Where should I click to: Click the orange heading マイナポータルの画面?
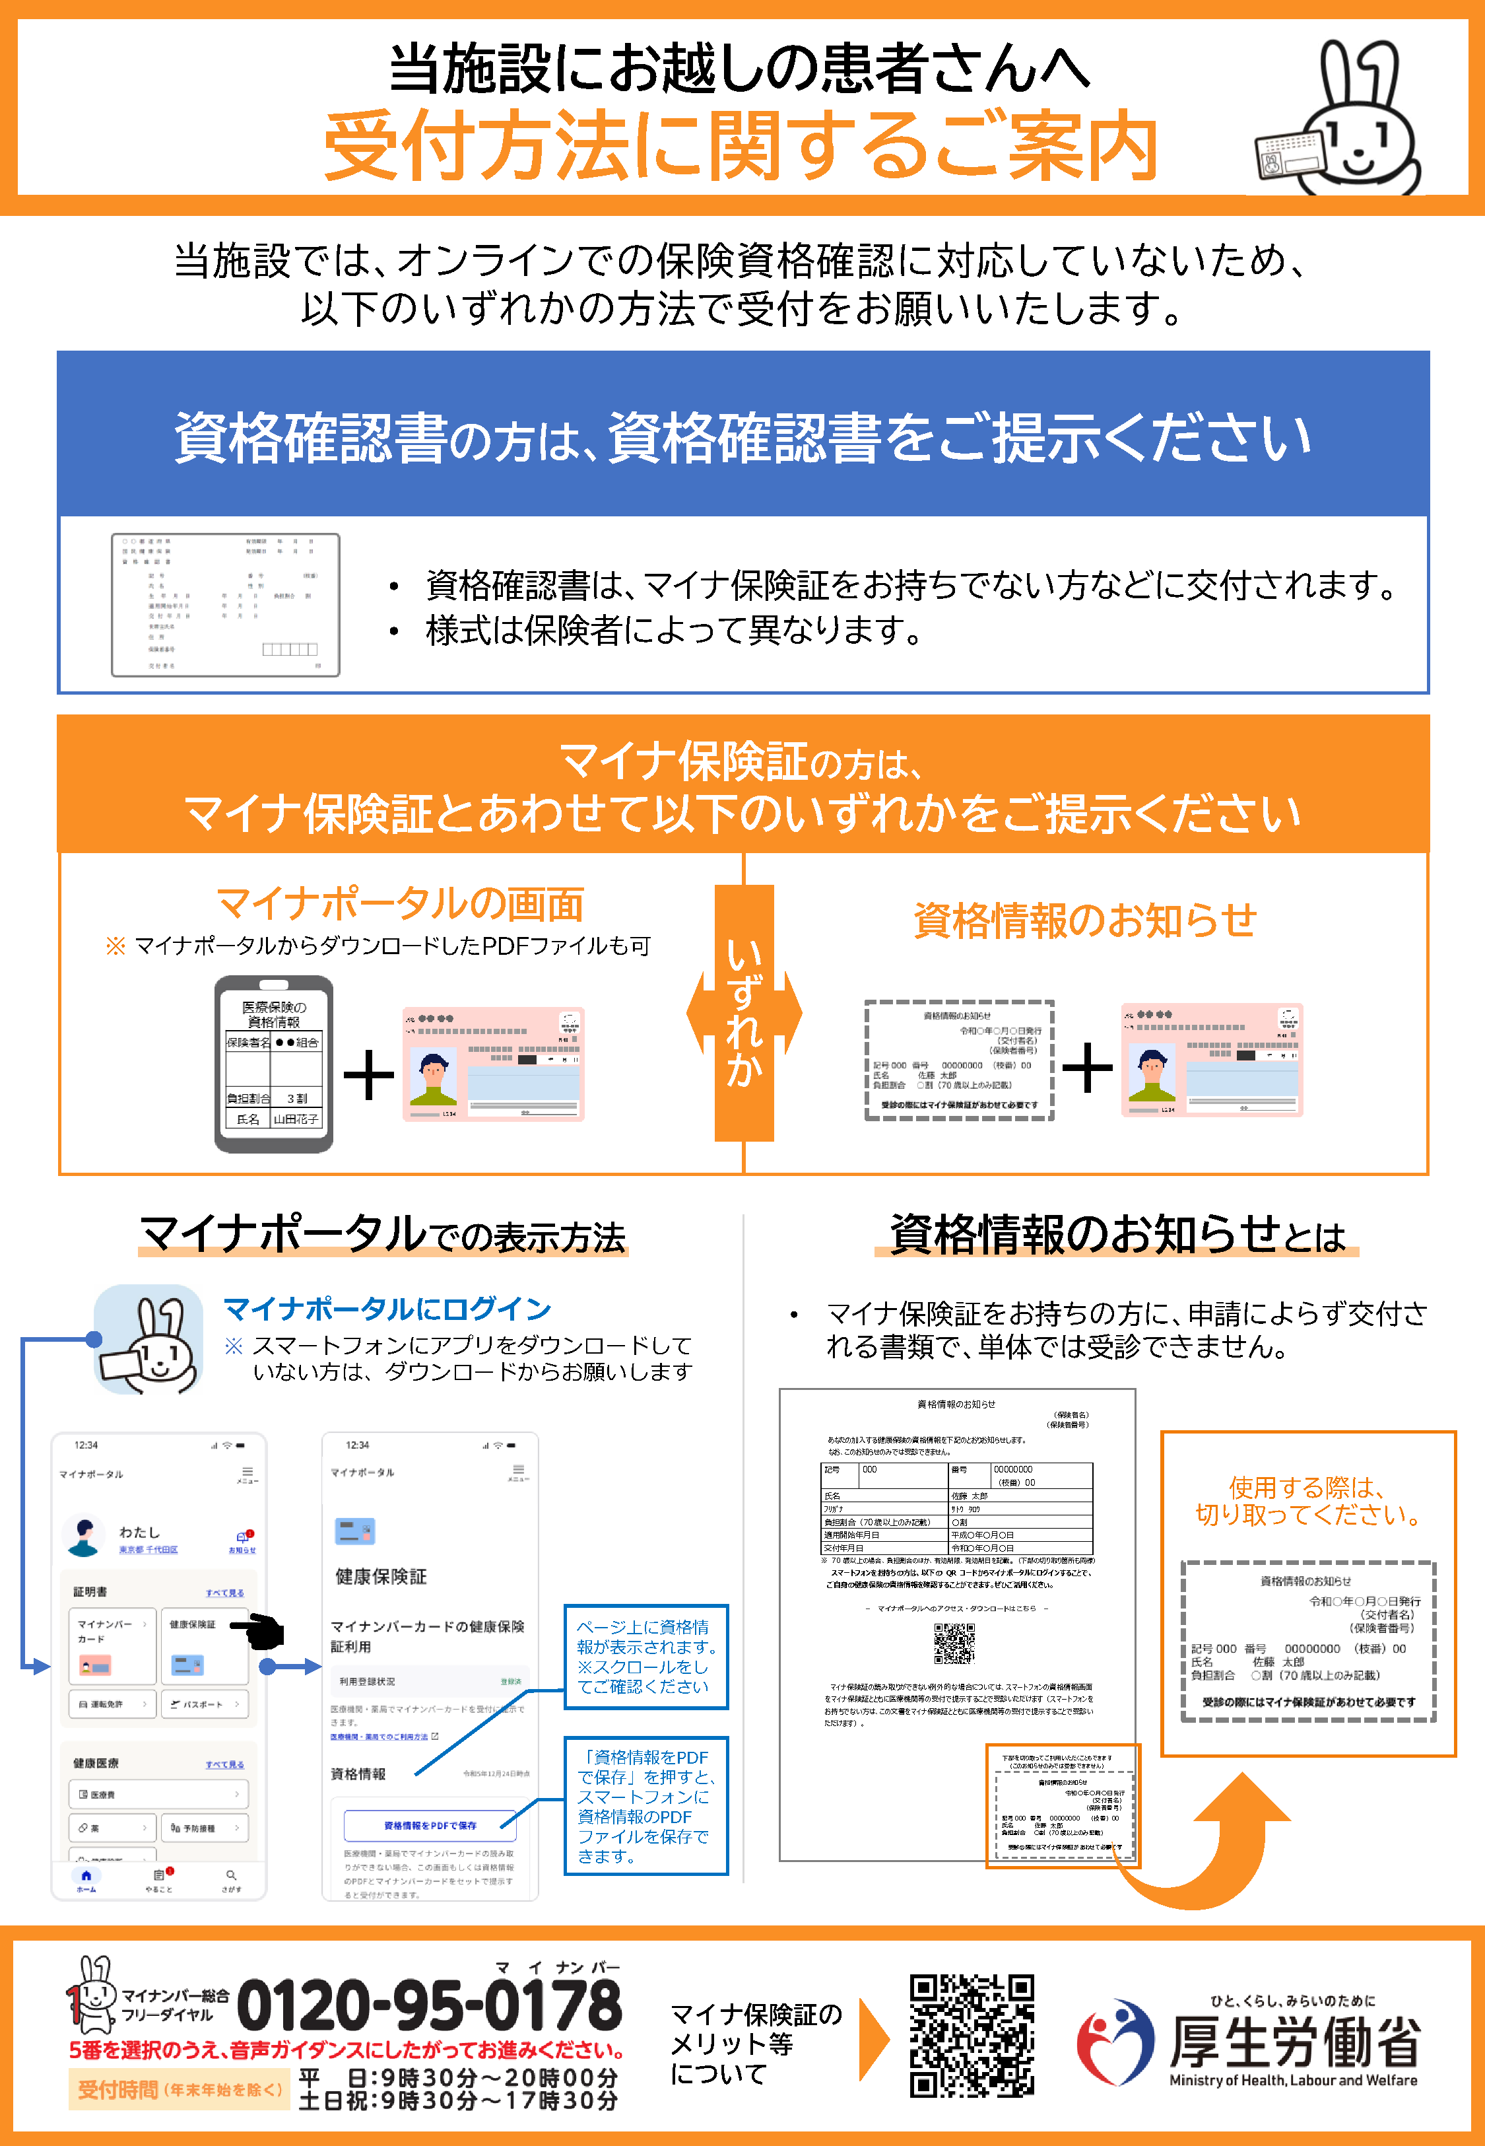[400, 903]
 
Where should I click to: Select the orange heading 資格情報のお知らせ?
[1085, 920]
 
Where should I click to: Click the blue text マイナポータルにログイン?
[387, 1309]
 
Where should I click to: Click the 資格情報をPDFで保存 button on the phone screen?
[430, 1825]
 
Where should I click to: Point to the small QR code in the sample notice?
[954, 1644]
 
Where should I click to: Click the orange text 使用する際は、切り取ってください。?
[1307, 1500]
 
